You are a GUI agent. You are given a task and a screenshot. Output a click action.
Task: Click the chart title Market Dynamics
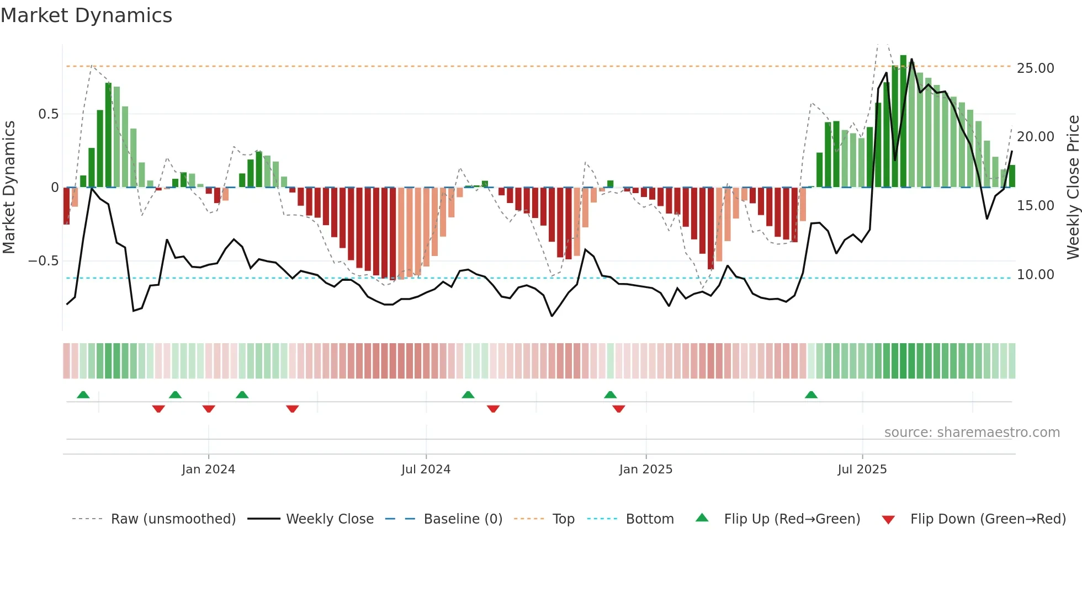[x=86, y=15]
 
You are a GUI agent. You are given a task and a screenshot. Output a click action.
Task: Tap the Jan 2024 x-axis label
[x=208, y=470]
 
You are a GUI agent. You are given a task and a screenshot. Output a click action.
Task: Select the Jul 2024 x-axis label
[x=426, y=470]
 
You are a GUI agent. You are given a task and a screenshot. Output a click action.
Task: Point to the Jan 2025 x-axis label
[x=645, y=470]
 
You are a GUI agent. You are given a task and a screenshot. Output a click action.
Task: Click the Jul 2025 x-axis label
[x=862, y=470]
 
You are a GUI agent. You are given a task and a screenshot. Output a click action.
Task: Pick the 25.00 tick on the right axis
[x=1035, y=68]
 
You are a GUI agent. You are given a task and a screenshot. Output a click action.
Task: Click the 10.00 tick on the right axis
[x=1035, y=275]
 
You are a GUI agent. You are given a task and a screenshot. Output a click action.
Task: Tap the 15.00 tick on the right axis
[x=1035, y=206]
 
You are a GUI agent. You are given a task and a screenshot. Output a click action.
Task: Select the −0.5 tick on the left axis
[x=43, y=261]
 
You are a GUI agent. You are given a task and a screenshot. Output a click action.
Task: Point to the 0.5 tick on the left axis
[x=48, y=114]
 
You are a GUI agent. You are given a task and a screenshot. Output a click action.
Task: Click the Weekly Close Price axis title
[x=1073, y=187]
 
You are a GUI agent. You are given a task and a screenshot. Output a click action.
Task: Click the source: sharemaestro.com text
[x=972, y=433]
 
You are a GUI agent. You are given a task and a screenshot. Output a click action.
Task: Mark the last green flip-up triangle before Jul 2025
[x=811, y=395]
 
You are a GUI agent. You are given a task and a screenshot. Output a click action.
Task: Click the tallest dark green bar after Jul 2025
[x=903, y=121]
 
